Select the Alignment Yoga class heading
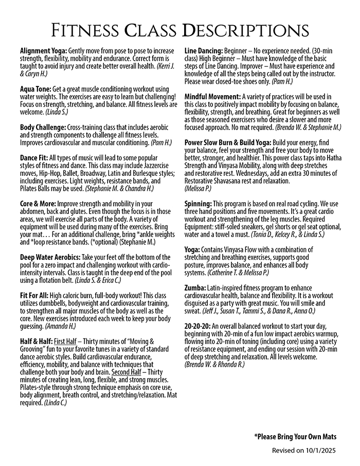click(43, 51)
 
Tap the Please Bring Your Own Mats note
click(295, 437)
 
